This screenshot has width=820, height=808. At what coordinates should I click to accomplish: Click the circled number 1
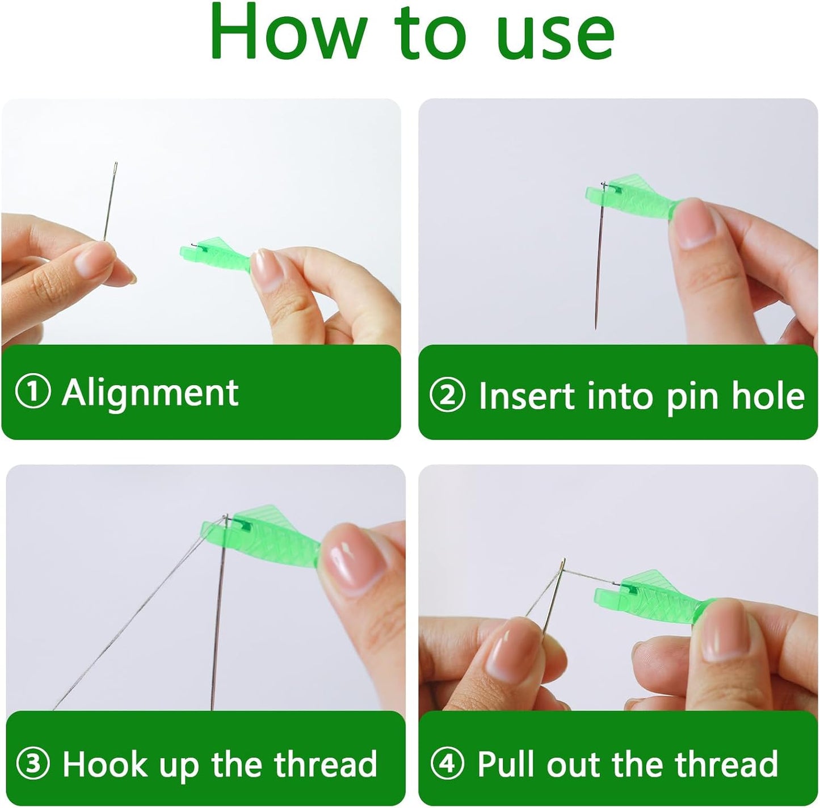pyautogui.click(x=32, y=393)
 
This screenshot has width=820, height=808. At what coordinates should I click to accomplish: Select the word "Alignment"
pyautogui.click(x=150, y=393)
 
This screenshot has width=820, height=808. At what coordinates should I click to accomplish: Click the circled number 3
pyautogui.click(x=32, y=763)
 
